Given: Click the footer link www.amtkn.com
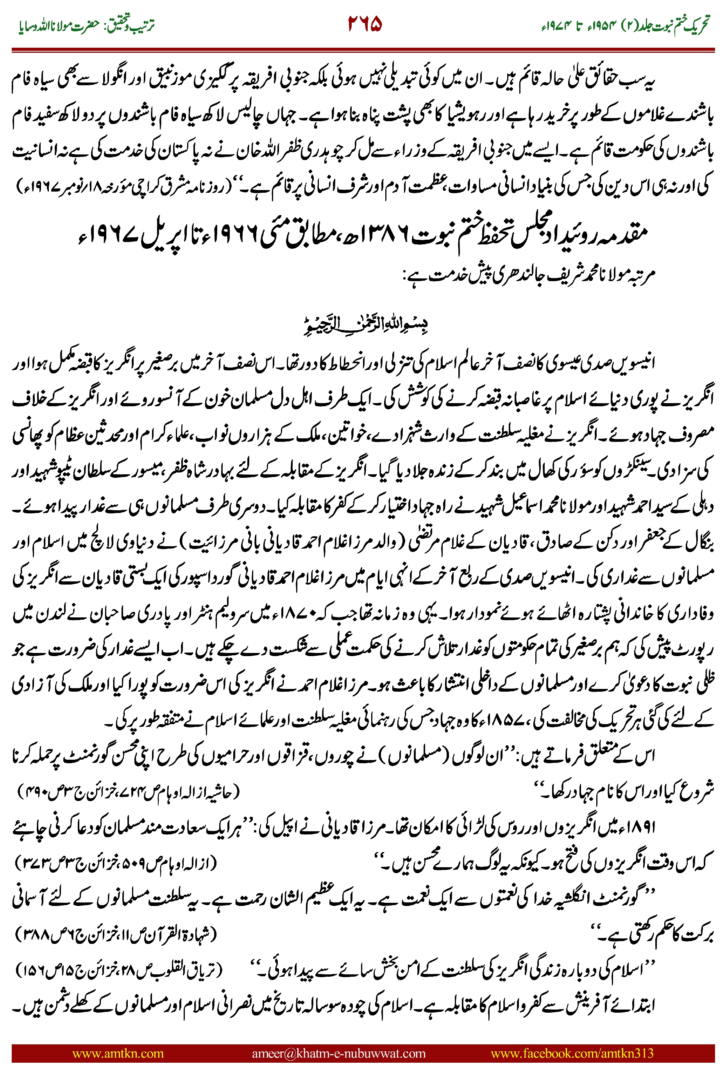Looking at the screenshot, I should [x=118, y=1053].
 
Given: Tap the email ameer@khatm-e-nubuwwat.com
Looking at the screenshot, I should [x=338, y=1053].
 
